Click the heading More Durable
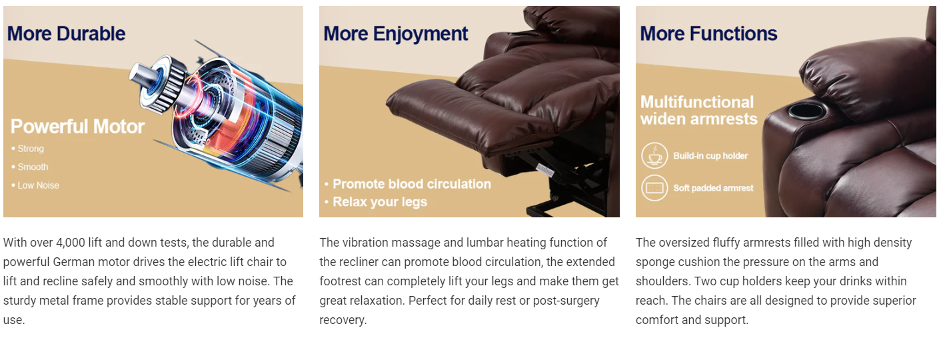[66, 33]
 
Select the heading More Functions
[708, 33]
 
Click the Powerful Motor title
[77, 127]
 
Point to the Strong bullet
[28, 149]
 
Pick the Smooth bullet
[30, 167]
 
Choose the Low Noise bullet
[35, 185]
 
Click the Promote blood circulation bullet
[407, 184]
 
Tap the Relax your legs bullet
[376, 202]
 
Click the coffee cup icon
[654, 156]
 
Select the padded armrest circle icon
[654, 188]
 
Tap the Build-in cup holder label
[710, 156]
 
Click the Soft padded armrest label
[713, 188]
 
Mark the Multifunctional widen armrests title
[698, 111]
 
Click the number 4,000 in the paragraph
[70, 243]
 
